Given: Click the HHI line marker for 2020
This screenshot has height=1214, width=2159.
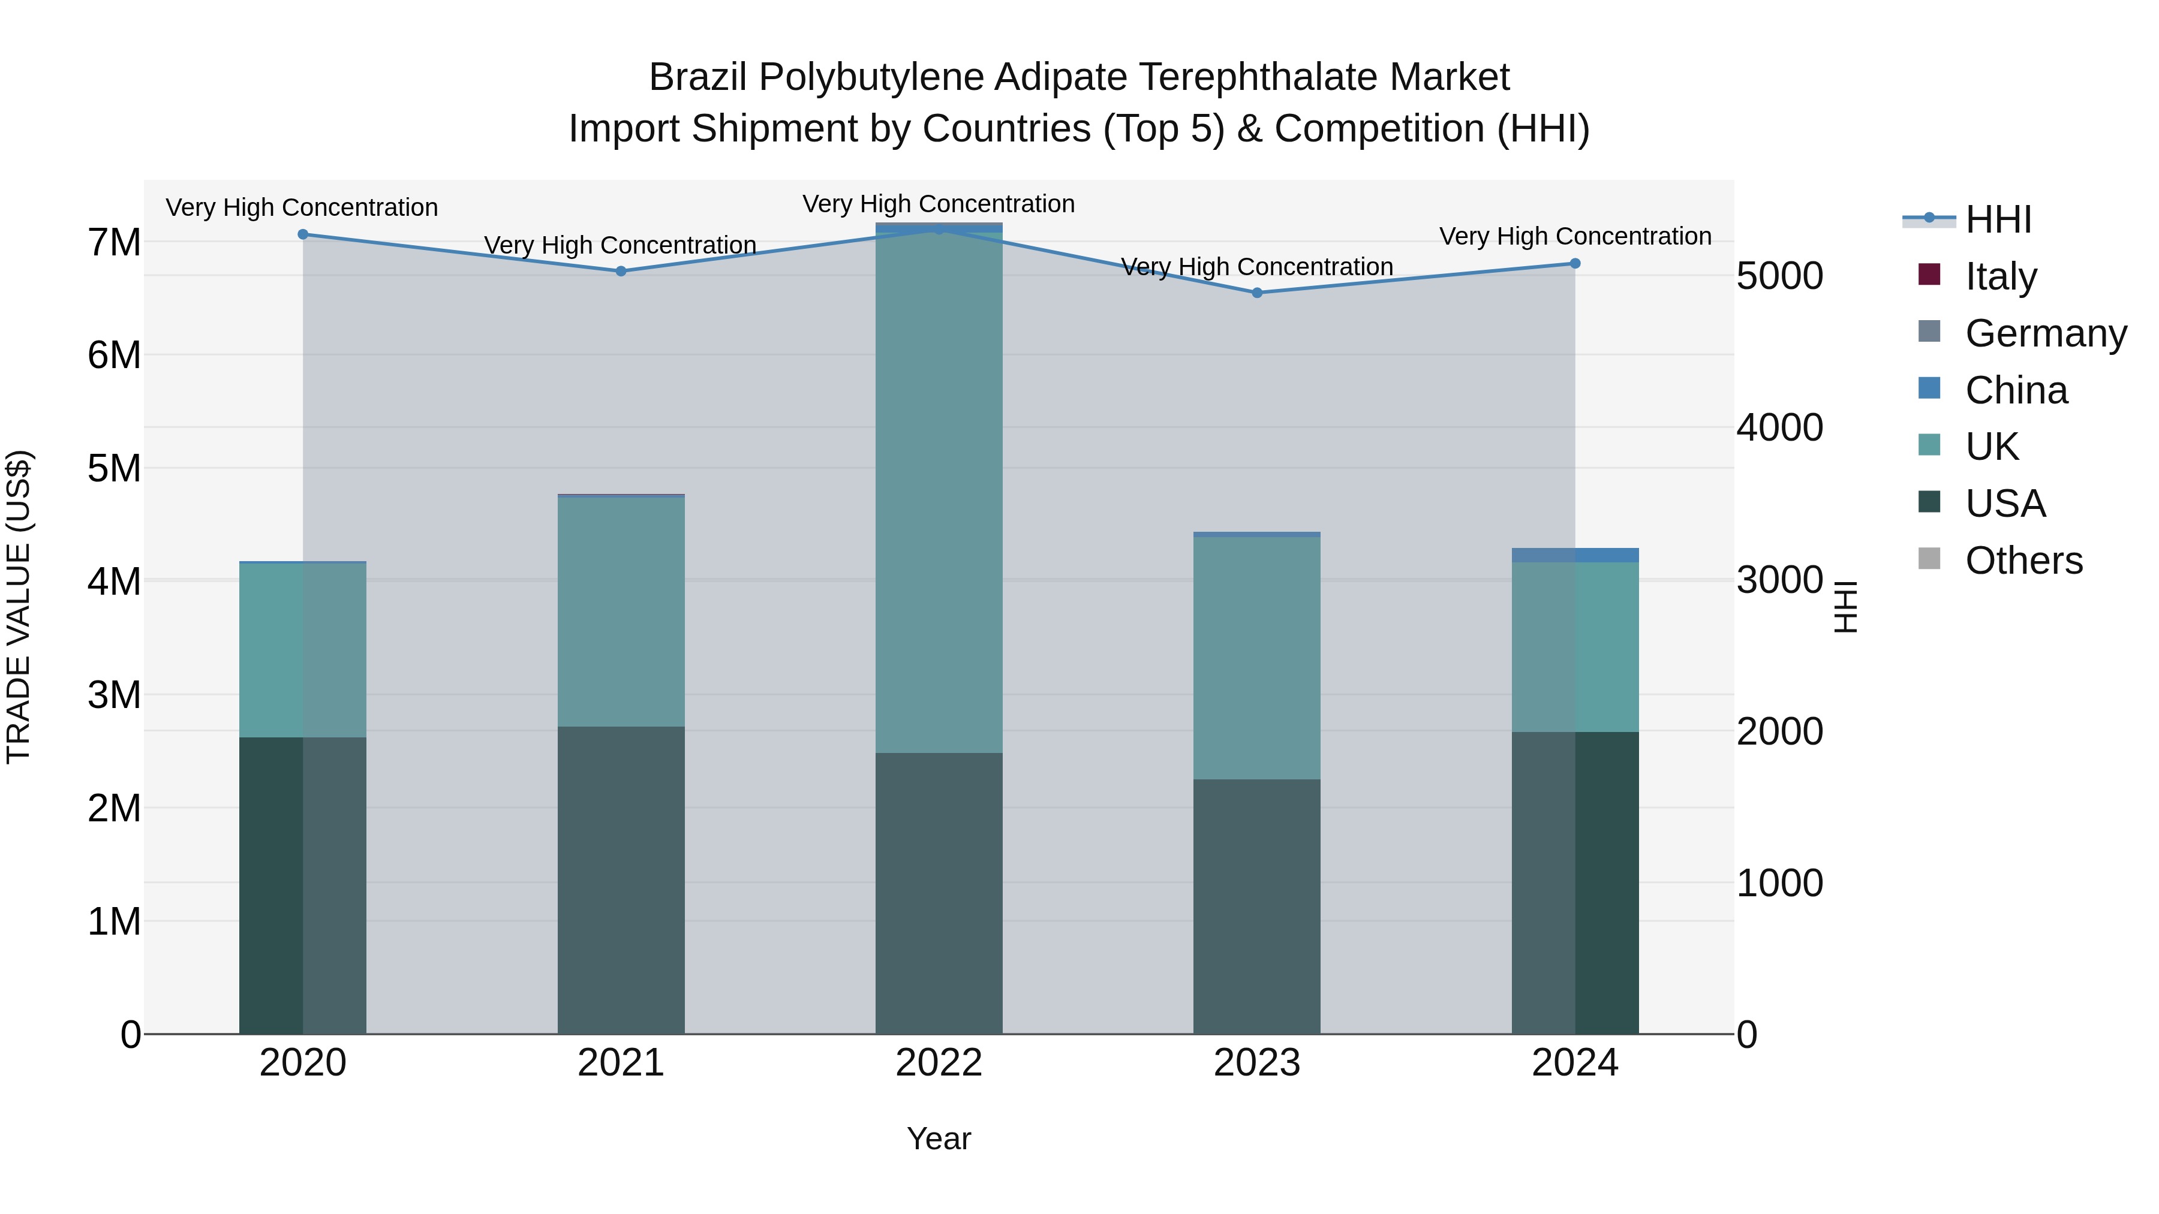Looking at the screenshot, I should [303, 234].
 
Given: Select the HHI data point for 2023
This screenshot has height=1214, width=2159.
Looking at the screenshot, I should [1256, 293].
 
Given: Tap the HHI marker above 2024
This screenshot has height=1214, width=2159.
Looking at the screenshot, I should [1574, 263].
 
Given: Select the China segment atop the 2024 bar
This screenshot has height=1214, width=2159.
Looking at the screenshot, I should [1574, 555].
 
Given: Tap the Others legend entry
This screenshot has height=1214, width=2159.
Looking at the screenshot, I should [2023, 561].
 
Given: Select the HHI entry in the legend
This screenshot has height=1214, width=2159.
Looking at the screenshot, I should [1998, 219].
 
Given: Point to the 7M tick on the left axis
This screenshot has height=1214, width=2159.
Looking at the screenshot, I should [114, 243].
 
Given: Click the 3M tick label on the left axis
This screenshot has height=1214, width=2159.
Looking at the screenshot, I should [114, 695].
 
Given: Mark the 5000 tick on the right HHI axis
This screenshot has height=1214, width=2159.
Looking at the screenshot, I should [1779, 276].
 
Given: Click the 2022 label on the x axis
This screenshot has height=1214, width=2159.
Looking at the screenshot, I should [939, 1063].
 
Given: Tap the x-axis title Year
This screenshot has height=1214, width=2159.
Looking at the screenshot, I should [939, 1138].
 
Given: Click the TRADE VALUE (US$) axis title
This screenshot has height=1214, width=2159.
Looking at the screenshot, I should [19, 607].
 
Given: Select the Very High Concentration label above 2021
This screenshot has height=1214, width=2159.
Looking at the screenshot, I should [620, 245].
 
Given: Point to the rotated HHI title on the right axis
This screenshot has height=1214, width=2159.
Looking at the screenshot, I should [1845, 607].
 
